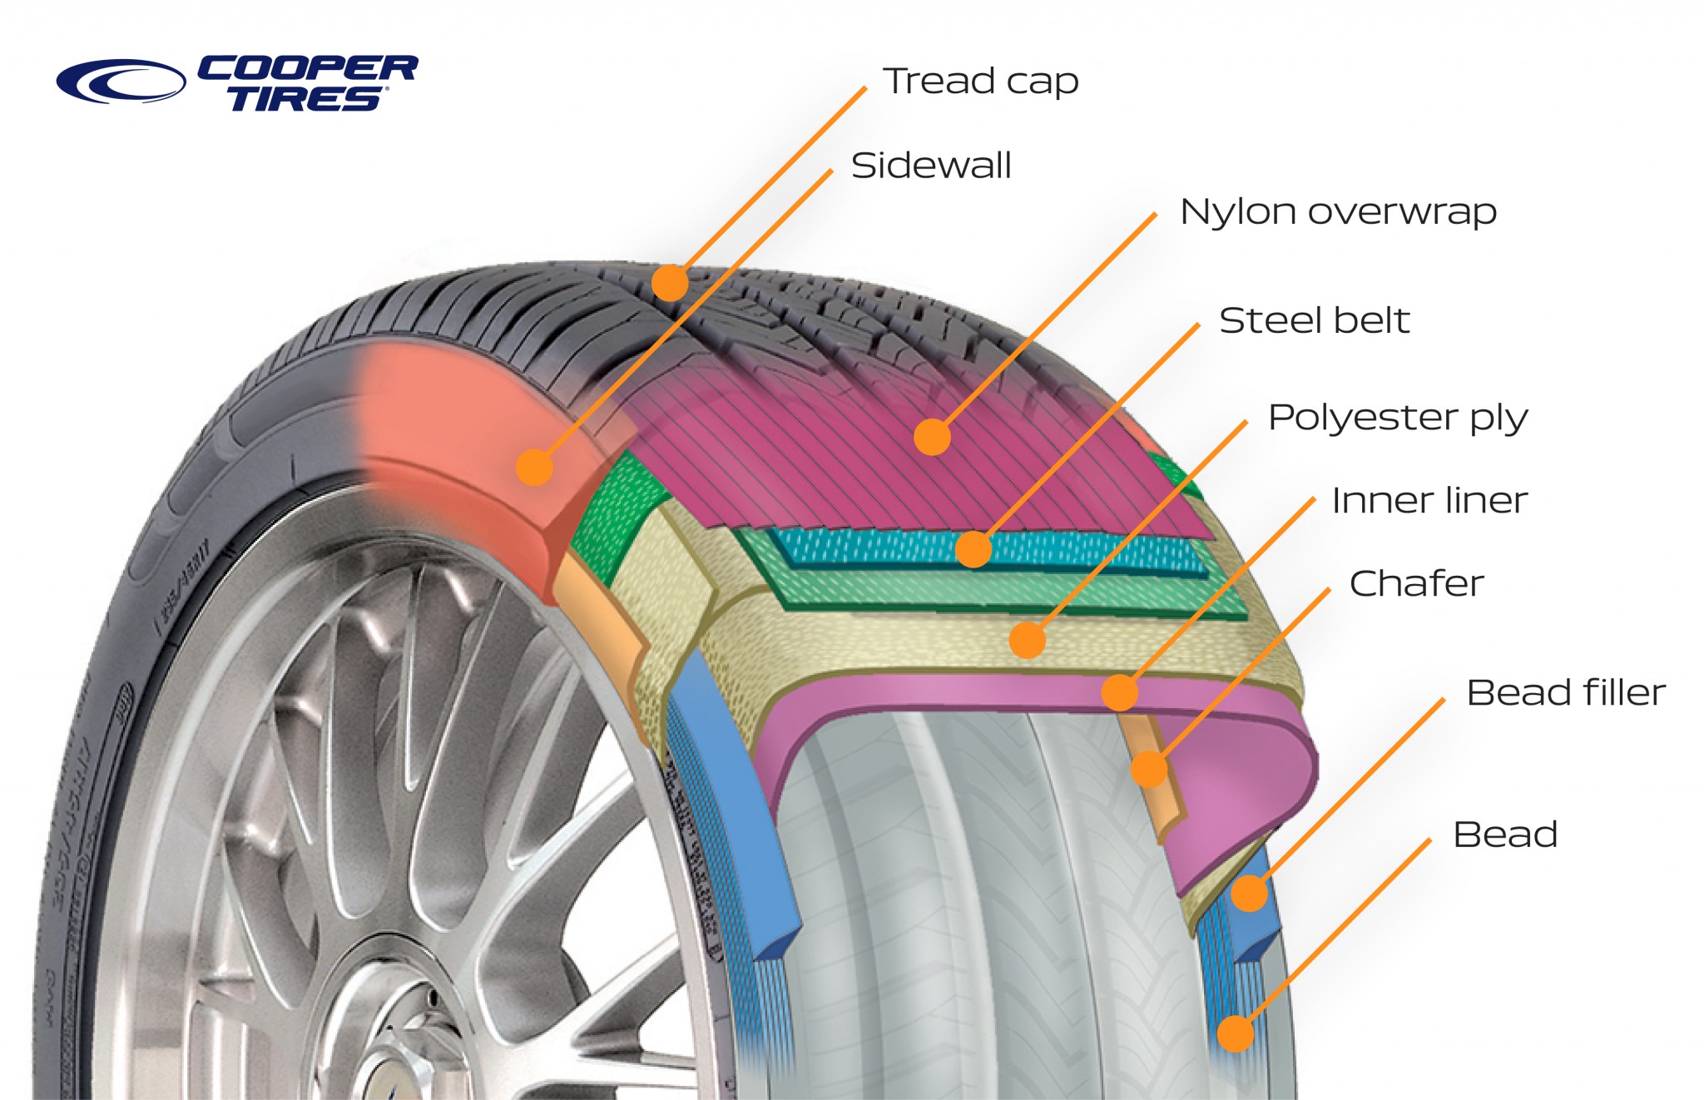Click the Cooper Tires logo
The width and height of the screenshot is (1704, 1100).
(x=237, y=82)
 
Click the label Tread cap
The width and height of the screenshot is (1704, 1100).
(x=981, y=82)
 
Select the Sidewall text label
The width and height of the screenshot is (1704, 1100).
(x=931, y=166)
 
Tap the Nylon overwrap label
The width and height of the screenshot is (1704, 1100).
(x=1338, y=212)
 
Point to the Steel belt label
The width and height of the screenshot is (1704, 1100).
(x=1314, y=320)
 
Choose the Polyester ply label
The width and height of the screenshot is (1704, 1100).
(x=1397, y=418)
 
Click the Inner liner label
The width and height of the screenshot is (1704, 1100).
(x=1429, y=501)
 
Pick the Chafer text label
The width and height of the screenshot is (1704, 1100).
(x=1416, y=583)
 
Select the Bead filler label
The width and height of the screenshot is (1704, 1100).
(x=1565, y=692)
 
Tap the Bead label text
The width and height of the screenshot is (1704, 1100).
(x=1504, y=835)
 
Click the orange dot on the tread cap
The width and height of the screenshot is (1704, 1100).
(x=670, y=283)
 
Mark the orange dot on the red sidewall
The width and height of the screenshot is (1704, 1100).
(x=534, y=467)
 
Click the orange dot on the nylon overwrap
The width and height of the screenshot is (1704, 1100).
(x=932, y=437)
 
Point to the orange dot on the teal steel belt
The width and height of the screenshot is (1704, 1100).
(x=973, y=549)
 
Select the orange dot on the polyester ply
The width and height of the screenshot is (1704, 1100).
(x=1027, y=640)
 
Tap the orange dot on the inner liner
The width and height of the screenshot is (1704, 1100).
(x=1119, y=692)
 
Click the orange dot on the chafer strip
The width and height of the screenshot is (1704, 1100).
(x=1148, y=769)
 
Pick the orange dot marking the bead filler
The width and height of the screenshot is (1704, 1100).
(x=1249, y=894)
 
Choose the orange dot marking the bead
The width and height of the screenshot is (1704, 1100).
(x=1236, y=1034)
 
